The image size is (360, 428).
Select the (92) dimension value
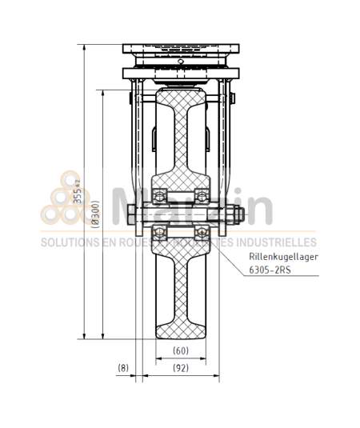(180, 368)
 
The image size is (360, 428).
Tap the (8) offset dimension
(122, 368)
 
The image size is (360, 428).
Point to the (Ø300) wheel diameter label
(95, 214)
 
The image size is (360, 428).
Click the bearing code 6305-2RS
(270, 270)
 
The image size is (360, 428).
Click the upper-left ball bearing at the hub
(159, 196)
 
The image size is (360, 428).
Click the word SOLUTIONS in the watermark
(67, 242)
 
